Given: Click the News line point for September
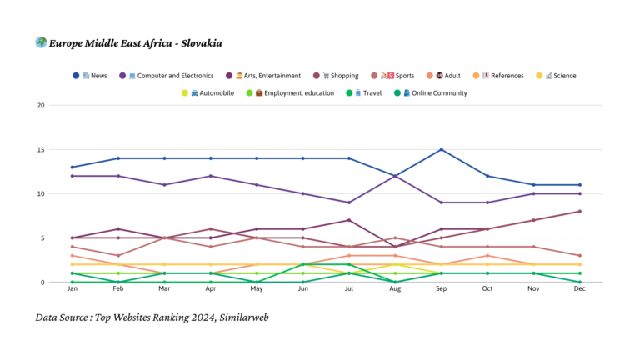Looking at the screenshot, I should pyautogui.click(x=441, y=150).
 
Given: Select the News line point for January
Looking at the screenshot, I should pyautogui.click(x=72, y=167).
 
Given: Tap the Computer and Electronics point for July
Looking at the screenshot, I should pyautogui.click(x=348, y=202).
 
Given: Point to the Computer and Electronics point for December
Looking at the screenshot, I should pyautogui.click(x=579, y=193).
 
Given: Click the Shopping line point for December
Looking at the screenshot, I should pyautogui.click(x=579, y=212).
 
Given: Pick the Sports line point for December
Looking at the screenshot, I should pyautogui.click(x=579, y=256).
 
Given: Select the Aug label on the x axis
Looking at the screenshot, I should pyautogui.click(x=394, y=290).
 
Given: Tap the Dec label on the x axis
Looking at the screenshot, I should pyautogui.click(x=579, y=290).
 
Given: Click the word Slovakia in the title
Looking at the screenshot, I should pyautogui.click(x=199, y=43).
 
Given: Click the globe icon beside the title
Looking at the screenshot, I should pyautogui.click(x=41, y=42).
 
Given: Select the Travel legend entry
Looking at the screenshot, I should pyautogui.click(x=366, y=93).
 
